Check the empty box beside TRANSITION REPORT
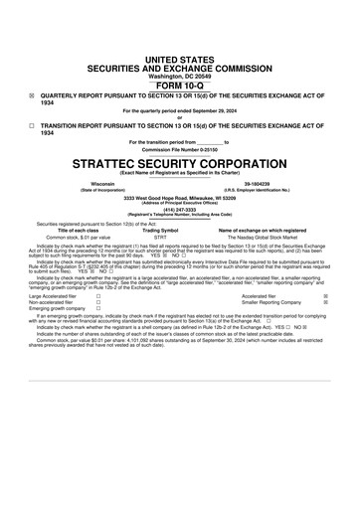32,126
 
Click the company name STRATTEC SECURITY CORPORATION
179,161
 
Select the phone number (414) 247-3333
179,209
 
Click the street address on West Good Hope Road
179,198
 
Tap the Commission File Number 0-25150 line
179,149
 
